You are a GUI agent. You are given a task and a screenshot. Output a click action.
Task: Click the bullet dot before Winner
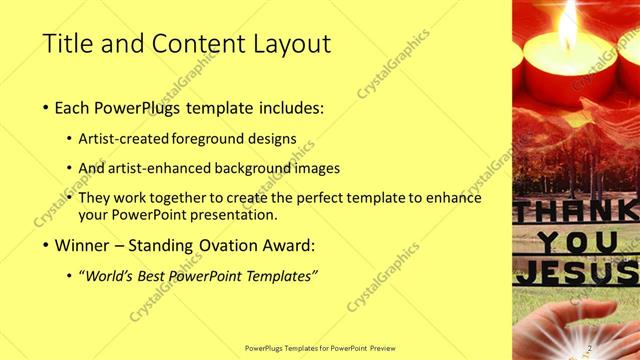pyautogui.click(x=47, y=246)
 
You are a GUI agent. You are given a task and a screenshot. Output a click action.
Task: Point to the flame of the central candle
pyautogui.click(x=569, y=28)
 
